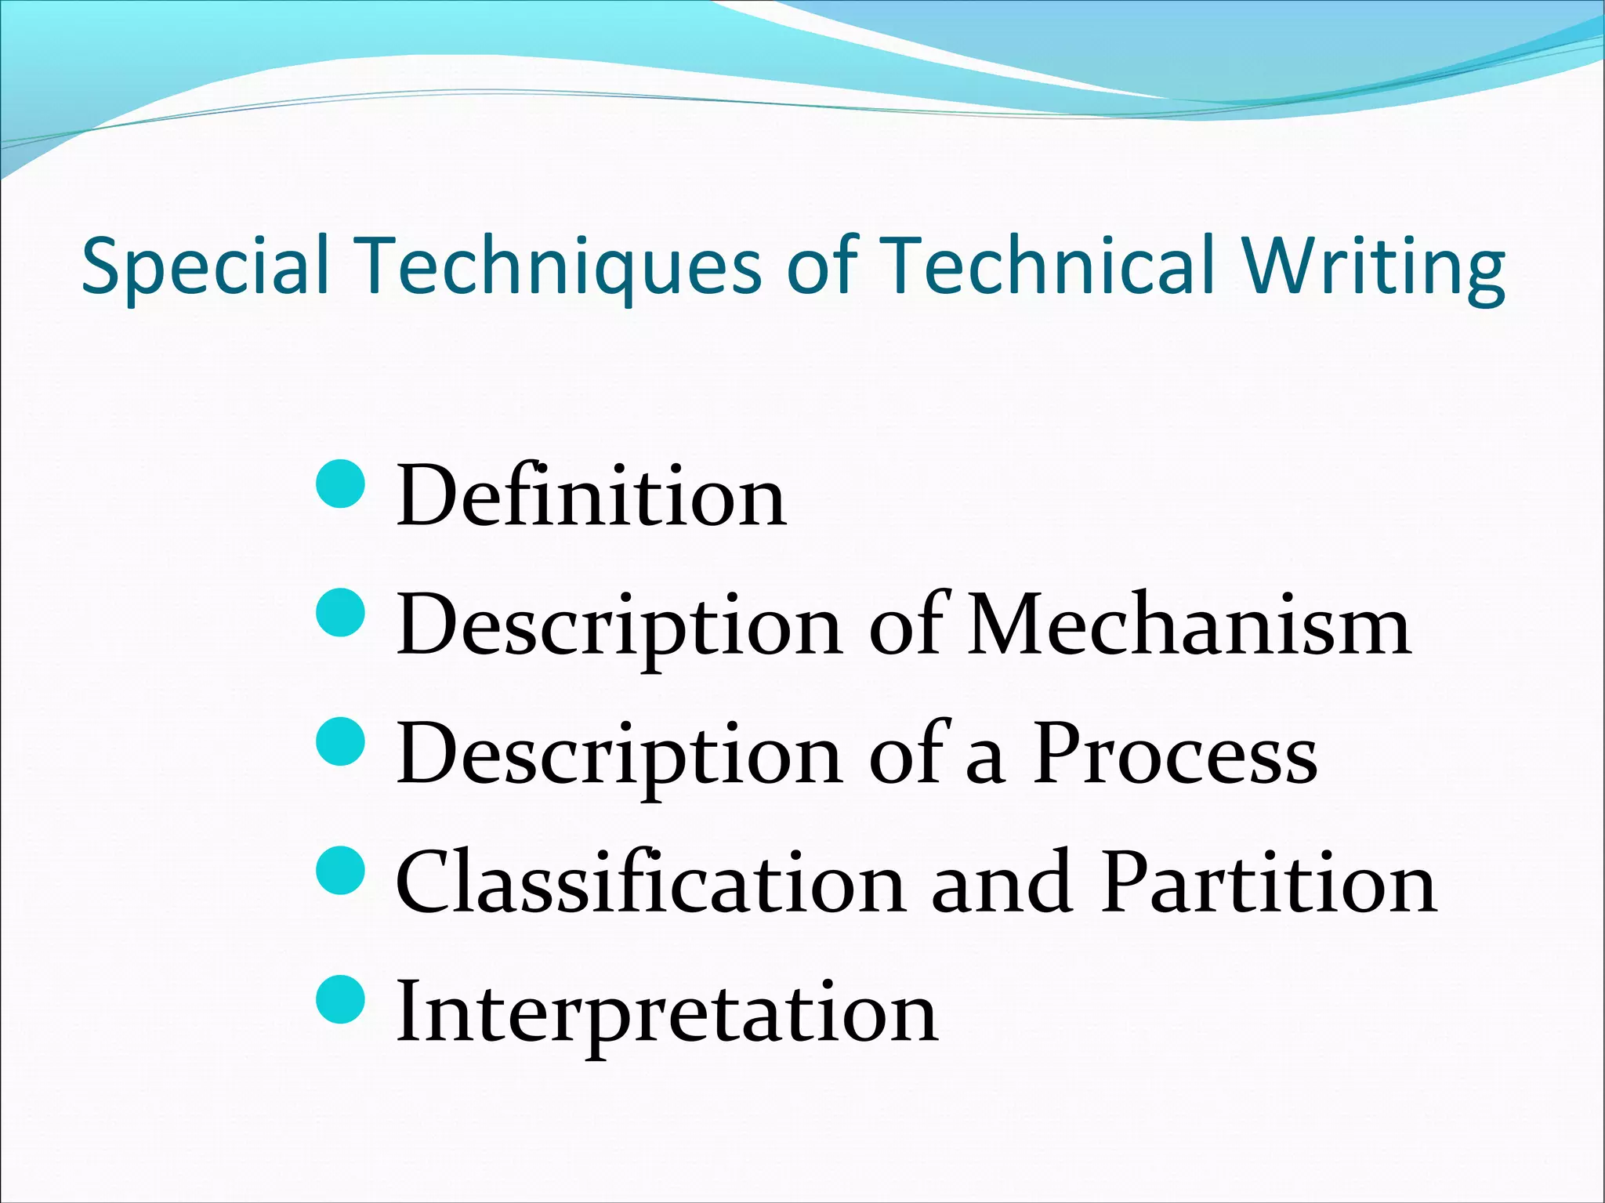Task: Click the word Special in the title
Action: pos(205,266)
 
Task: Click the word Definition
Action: pos(592,496)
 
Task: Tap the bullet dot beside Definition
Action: pos(341,484)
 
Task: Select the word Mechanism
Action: pos(1189,626)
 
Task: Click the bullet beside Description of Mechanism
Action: pos(341,612)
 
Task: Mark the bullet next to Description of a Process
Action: pos(341,741)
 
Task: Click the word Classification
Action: pos(650,883)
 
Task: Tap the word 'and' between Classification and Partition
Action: pos(1002,883)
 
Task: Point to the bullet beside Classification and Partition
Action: pos(341,869)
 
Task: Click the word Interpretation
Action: pos(667,1013)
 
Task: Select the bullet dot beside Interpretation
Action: pos(341,999)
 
